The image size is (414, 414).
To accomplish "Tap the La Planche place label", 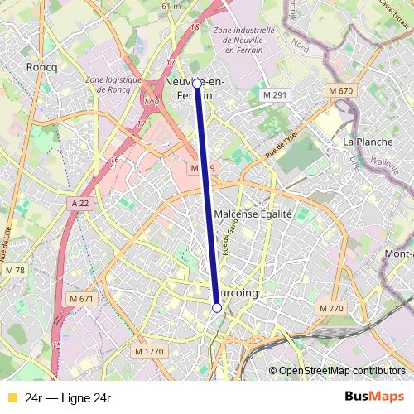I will (368, 142).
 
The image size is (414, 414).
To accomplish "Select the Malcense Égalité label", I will (253, 214).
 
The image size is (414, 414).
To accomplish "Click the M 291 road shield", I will (274, 96).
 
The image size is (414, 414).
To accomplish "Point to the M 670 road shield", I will (340, 90).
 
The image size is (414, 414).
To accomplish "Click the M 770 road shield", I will (330, 308).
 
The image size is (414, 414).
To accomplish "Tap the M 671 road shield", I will (81, 298).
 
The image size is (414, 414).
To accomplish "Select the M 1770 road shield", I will (150, 352).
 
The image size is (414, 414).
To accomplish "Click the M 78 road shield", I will (14, 271).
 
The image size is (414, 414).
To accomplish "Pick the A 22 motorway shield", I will (79, 203).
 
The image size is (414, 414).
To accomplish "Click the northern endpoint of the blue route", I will (197, 84).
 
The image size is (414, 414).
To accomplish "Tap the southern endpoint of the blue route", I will (217, 308).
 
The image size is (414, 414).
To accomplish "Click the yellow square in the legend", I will (12, 398).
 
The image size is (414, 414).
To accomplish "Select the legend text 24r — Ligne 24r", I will (68, 398).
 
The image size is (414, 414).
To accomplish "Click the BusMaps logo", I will (373, 397).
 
